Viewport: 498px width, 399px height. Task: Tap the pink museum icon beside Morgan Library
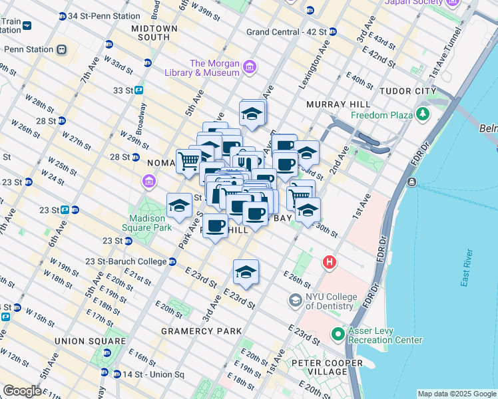click(x=250, y=66)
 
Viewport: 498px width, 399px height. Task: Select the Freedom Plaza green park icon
click(x=422, y=114)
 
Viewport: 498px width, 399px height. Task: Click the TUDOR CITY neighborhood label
click(x=407, y=91)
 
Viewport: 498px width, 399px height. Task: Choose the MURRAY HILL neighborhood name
click(x=338, y=104)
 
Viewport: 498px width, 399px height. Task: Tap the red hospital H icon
click(x=329, y=263)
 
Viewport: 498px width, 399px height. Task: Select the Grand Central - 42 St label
click(x=286, y=31)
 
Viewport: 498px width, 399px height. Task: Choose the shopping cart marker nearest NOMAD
click(x=189, y=160)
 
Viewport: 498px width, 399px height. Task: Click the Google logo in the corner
click(x=22, y=391)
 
